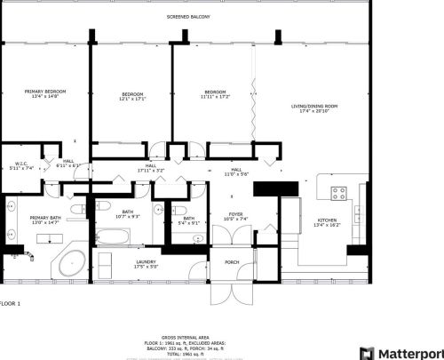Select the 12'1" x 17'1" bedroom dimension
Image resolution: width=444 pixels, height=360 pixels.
click(x=132, y=99)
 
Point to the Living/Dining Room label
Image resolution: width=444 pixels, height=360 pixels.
click(x=315, y=107)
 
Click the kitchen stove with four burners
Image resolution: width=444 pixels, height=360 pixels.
click(x=340, y=194)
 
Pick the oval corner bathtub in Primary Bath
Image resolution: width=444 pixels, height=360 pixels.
click(x=70, y=264)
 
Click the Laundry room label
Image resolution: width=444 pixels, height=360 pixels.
click(x=146, y=261)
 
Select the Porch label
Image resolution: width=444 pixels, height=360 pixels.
click(x=232, y=262)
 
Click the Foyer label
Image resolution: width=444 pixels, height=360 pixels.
click(x=236, y=213)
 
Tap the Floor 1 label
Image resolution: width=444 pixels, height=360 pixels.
click(x=10, y=304)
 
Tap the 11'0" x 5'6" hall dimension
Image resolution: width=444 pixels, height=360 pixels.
click(x=236, y=174)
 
